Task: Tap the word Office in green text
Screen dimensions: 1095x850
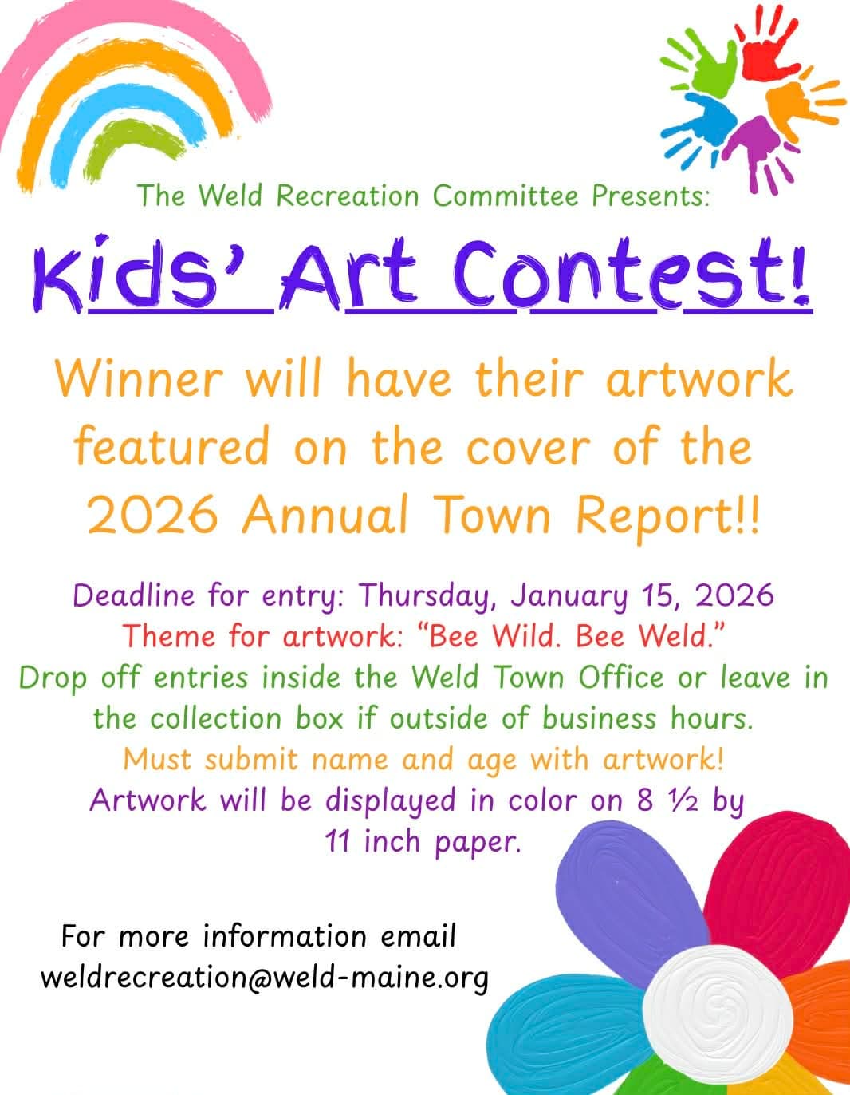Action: [x=621, y=677]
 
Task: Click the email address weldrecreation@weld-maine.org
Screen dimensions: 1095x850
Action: [x=264, y=977]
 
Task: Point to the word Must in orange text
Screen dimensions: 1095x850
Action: [x=157, y=759]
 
